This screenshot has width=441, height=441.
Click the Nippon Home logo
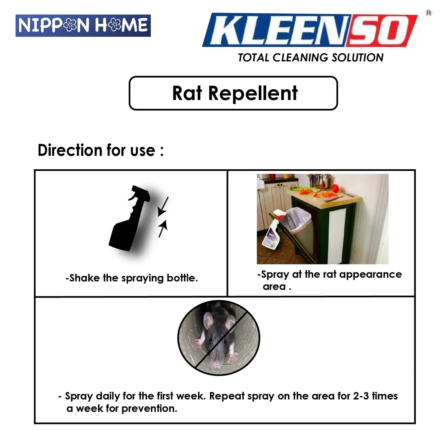pos(83,26)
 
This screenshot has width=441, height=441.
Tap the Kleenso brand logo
pos(310,30)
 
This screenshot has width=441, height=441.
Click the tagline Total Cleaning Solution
pos(311,58)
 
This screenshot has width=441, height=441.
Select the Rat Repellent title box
pos(233,93)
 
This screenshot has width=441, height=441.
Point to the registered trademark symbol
pos(429,13)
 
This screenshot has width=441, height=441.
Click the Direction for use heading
pos(101,150)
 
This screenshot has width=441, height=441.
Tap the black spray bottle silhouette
pos(129,218)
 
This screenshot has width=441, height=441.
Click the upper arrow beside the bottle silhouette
pos(163,207)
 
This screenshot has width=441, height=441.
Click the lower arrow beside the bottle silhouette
pos(163,229)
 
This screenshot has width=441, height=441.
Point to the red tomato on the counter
pos(335,188)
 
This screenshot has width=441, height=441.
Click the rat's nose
pos(217,361)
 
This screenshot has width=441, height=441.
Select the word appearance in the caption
pos(370,275)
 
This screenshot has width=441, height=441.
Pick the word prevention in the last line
pos(149,409)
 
